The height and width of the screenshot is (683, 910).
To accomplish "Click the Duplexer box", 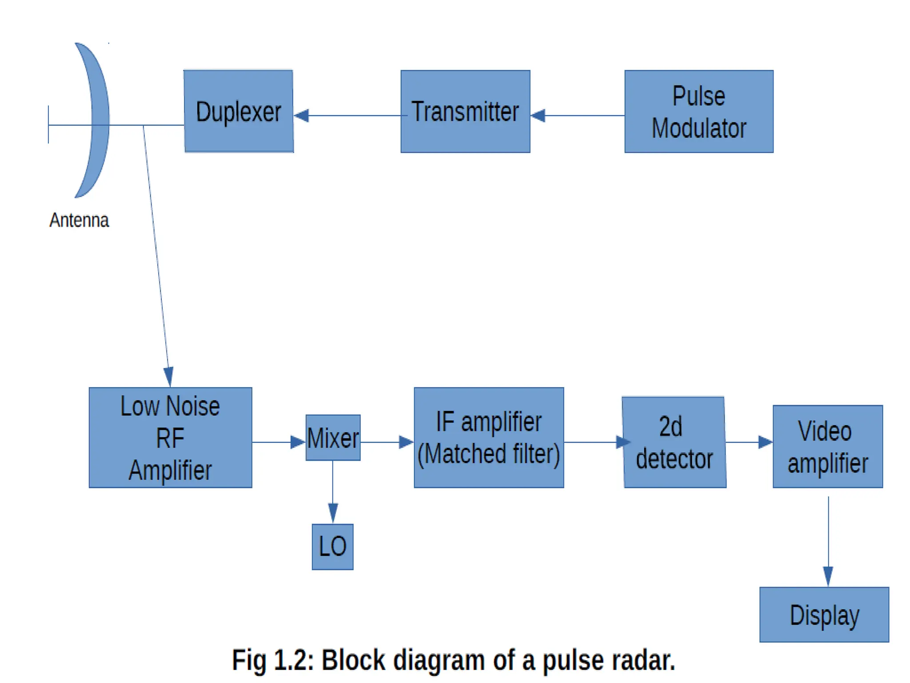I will (x=239, y=111).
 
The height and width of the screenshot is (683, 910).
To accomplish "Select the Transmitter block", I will (x=465, y=111).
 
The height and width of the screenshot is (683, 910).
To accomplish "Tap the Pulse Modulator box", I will (x=698, y=111).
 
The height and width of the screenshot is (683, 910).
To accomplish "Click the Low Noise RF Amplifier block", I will (x=170, y=438).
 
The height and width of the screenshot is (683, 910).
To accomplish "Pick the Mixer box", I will (x=333, y=438).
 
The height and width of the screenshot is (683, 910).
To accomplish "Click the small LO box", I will (x=332, y=546).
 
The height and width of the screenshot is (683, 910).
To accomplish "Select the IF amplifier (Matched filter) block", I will (x=489, y=438).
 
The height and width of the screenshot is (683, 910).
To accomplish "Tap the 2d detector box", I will (x=674, y=442).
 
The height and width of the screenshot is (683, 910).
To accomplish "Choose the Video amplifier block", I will (x=827, y=446).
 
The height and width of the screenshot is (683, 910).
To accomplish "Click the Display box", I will (x=824, y=615).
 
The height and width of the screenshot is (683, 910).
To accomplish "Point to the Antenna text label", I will (x=79, y=221).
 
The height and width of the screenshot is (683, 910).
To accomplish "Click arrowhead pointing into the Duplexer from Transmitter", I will (x=302, y=116).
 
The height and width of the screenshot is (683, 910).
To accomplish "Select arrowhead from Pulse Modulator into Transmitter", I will (x=539, y=116).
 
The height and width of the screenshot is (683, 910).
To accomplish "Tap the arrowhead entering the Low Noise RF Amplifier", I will (x=168, y=376).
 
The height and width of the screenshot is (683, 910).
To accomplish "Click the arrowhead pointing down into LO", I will (x=333, y=512).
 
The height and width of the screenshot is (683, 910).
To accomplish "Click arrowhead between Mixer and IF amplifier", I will (x=406, y=442).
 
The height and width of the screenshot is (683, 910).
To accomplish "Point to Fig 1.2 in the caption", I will (x=272, y=660).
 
